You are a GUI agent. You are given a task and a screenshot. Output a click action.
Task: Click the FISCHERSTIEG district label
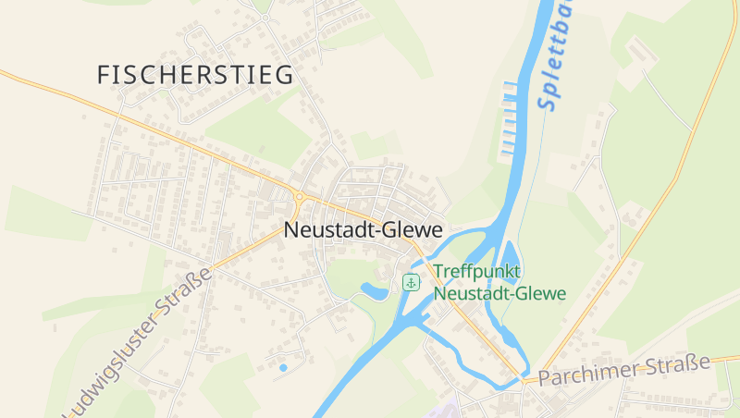coord(195,75)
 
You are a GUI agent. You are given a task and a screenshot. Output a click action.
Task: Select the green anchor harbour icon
coord(411,282)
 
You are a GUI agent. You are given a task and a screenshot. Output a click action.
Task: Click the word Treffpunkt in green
coord(477,272)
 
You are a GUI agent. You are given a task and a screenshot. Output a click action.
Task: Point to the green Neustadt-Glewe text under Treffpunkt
coord(499,293)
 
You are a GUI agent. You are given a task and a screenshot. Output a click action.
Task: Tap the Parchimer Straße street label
coord(623,370)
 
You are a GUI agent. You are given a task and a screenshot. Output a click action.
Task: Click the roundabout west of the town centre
coord(299,196)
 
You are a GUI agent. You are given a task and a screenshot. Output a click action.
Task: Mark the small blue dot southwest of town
coord(283,368)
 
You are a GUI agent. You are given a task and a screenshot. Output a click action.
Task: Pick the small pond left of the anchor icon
coord(375,291)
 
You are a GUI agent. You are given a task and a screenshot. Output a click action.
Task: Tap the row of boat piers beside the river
coord(508,117)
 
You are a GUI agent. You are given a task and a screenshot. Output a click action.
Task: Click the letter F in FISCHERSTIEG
coord(104,75)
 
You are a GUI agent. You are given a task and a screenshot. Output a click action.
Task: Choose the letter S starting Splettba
coord(547,102)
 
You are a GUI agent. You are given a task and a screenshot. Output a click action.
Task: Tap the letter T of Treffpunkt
coord(438,272)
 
